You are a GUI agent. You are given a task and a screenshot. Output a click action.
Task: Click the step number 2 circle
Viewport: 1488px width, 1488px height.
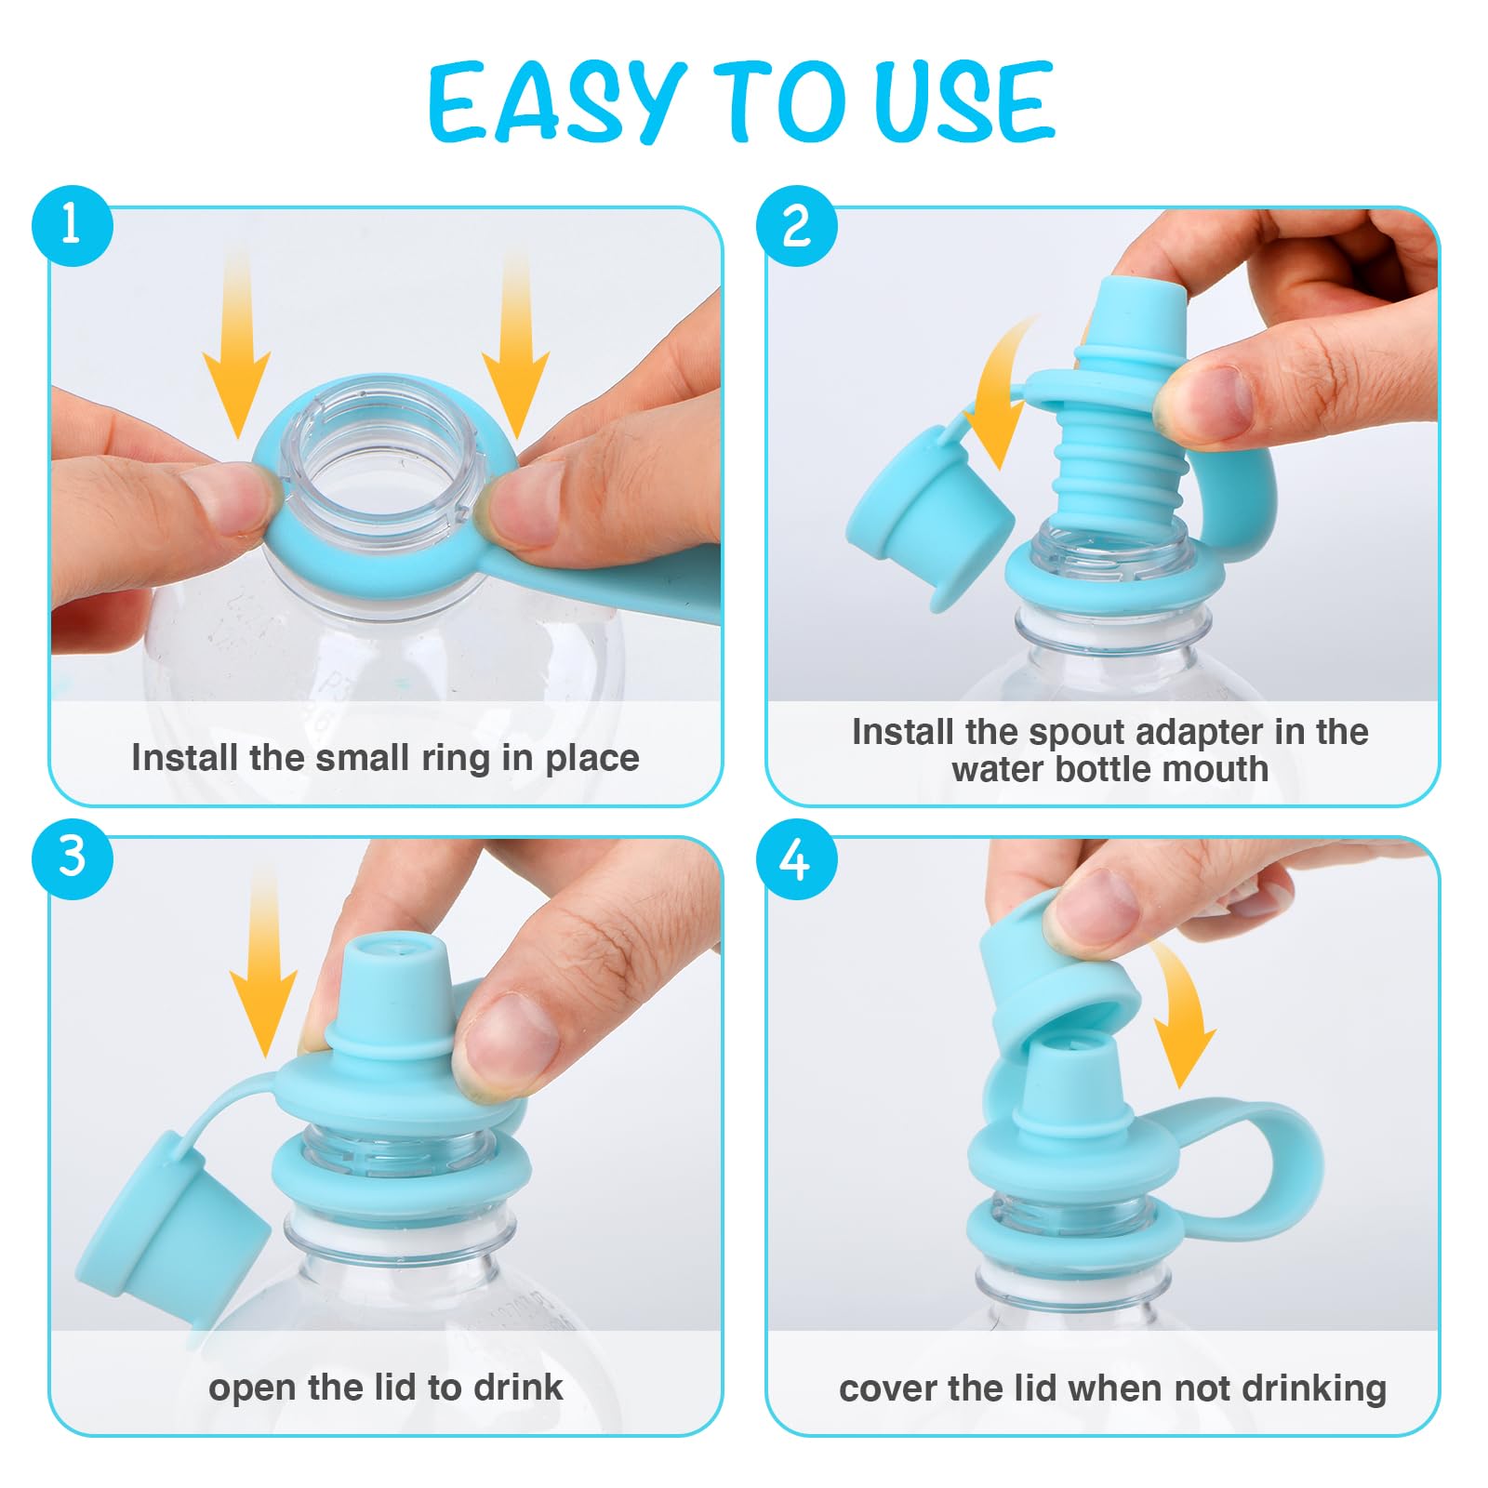(x=797, y=226)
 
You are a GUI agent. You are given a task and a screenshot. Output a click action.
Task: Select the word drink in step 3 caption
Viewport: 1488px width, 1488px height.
(x=518, y=1388)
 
